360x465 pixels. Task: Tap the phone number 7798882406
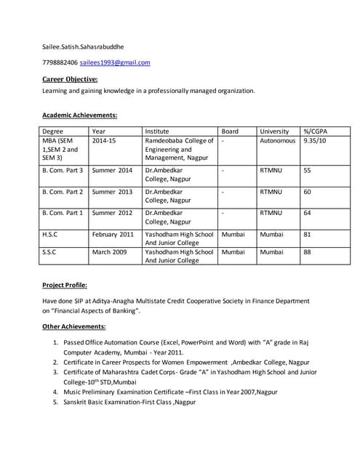[x=60, y=62]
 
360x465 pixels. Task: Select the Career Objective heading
[x=70, y=78]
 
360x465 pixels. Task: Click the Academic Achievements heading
[x=80, y=115]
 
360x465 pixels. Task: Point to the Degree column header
[x=53, y=132]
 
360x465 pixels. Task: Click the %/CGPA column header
[x=315, y=132]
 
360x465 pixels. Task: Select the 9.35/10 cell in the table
[x=315, y=141]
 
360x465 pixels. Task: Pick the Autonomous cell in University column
[x=277, y=141]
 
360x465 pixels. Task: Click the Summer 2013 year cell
[x=112, y=192]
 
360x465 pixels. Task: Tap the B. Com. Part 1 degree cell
[x=63, y=213]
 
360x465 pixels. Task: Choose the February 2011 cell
[x=113, y=235]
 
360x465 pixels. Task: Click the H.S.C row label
[x=52, y=235]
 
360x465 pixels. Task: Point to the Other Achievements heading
[x=74, y=327]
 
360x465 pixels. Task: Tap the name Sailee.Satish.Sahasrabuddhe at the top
[x=83, y=46]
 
